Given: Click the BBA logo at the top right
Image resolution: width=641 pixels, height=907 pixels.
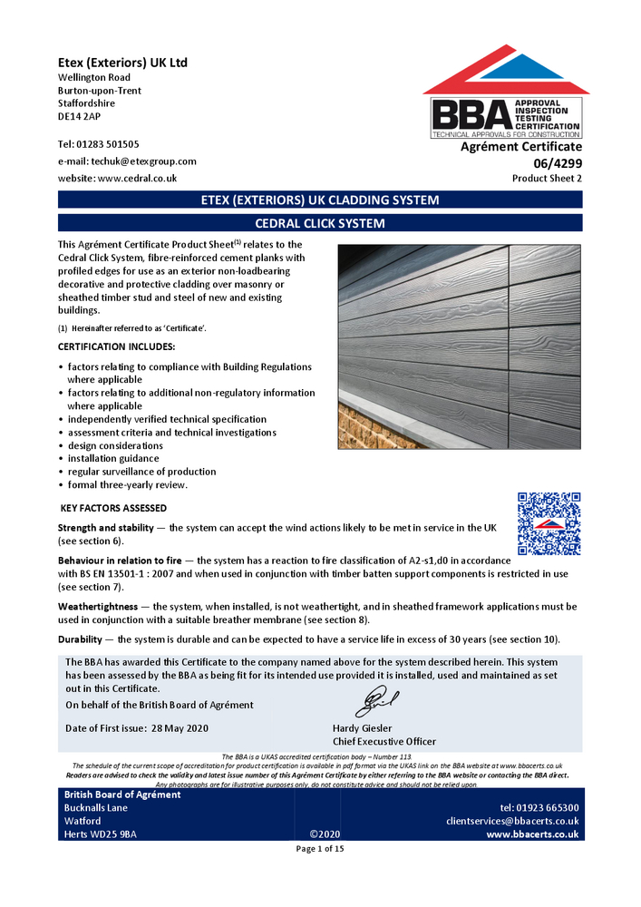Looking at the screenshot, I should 505,95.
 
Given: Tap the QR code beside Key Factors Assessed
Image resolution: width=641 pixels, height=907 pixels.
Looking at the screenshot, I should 549,523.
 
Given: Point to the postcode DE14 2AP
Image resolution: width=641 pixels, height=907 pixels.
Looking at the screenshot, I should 80,117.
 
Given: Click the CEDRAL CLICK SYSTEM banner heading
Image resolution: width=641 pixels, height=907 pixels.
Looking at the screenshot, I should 320,223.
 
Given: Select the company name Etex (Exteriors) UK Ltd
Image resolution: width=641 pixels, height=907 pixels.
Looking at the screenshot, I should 122,63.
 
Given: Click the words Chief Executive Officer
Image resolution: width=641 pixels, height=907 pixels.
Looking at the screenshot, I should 384,741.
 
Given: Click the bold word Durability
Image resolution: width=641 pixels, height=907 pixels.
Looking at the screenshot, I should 85,639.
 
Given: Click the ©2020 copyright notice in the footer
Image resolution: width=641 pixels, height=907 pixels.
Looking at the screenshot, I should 324,834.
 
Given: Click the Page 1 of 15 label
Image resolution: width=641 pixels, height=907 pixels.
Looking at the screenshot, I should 320,849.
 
